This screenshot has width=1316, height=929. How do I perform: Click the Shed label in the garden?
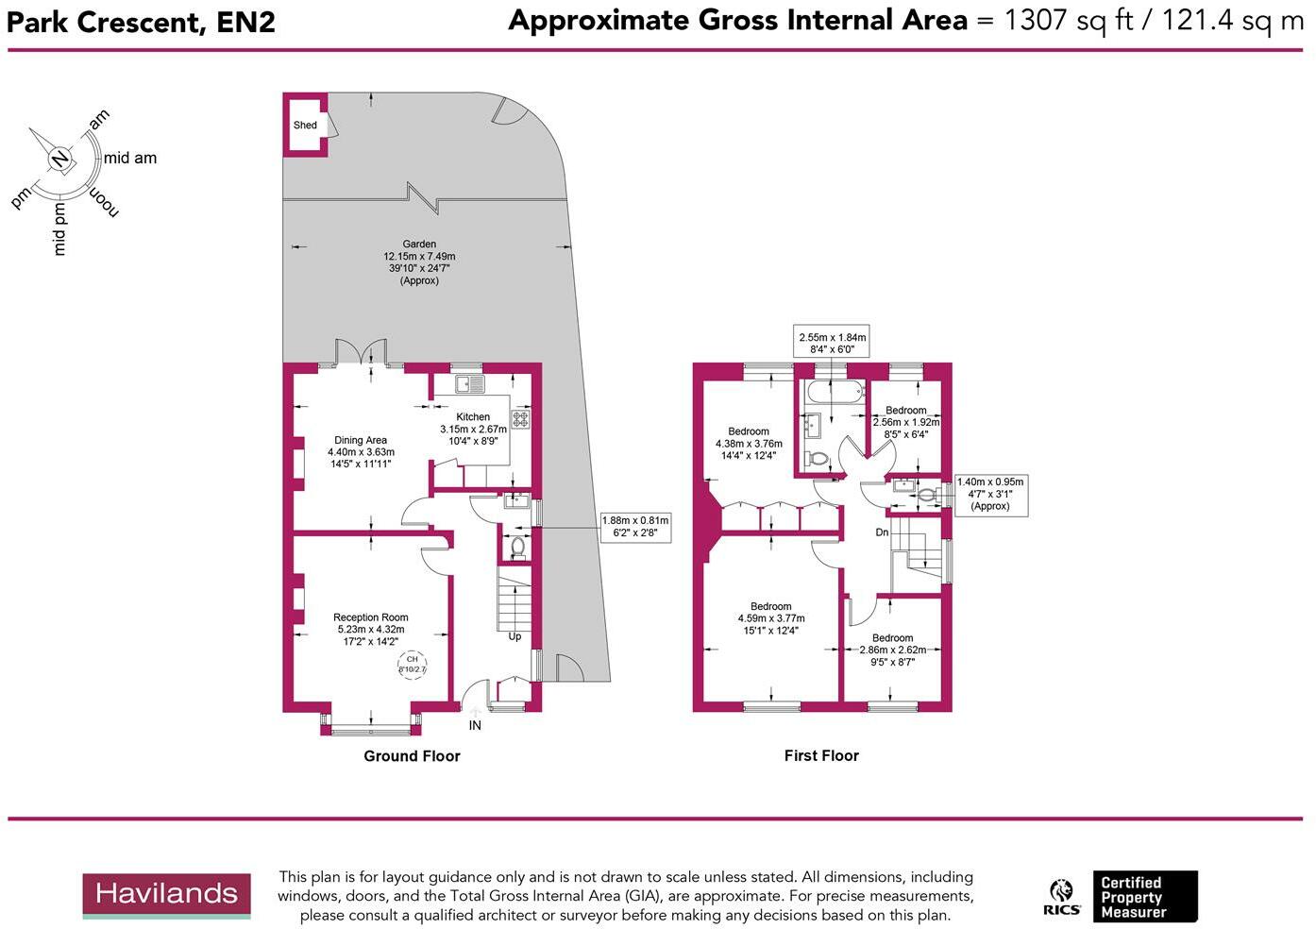pyautogui.click(x=305, y=125)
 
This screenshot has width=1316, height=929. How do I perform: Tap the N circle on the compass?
pyautogui.click(x=59, y=159)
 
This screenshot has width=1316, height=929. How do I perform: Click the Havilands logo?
pyautogui.click(x=166, y=895)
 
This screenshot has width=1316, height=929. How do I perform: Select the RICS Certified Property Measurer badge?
pyautogui.click(x=1121, y=897)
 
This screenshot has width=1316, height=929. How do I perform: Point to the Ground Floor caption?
pyautogui.click(x=412, y=756)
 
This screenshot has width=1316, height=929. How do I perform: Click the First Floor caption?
pyautogui.click(x=821, y=755)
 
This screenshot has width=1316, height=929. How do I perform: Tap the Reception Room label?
pyautogui.click(x=370, y=630)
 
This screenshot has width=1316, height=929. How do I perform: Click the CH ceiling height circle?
pyautogui.click(x=412, y=665)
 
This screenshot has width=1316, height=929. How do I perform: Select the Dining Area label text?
pyautogui.click(x=361, y=452)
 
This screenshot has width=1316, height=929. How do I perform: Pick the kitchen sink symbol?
pyautogui.click(x=469, y=384)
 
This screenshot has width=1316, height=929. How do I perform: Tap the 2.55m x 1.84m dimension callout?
pyautogui.click(x=832, y=343)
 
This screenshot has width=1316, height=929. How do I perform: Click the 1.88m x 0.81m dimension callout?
pyautogui.click(x=634, y=527)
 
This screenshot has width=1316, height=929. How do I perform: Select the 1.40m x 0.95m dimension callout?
pyautogui.click(x=989, y=494)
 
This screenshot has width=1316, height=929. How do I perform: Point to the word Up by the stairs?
pyautogui.click(x=515, y=636)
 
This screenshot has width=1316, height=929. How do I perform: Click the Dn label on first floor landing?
pyautogui.click(x=882, y=532)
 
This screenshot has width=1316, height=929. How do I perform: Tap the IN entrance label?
pyautogui.click(x=475, y=725)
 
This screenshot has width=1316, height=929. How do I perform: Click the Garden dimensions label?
pyautogui.click(x=419, y=262)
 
